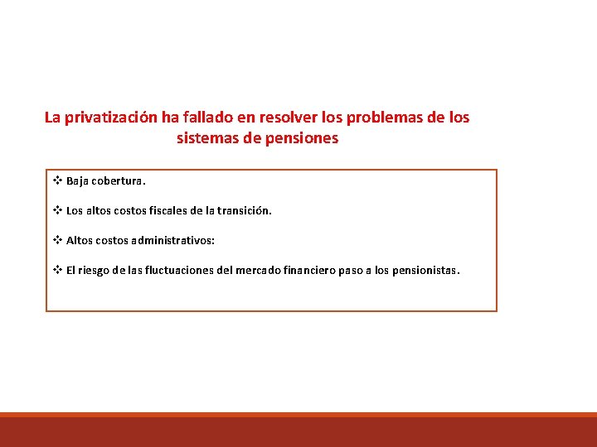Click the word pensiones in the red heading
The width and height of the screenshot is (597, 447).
click(302, 139)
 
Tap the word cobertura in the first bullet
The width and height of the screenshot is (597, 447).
click(121, 180)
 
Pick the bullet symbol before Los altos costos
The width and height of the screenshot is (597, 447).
click(58, 210)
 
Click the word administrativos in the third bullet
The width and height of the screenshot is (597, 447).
click(175, 240)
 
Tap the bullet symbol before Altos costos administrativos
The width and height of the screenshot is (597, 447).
click(58, 240)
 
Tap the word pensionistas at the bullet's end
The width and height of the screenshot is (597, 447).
click(425, 270)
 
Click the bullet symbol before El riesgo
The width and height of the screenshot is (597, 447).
click(58, 270)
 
